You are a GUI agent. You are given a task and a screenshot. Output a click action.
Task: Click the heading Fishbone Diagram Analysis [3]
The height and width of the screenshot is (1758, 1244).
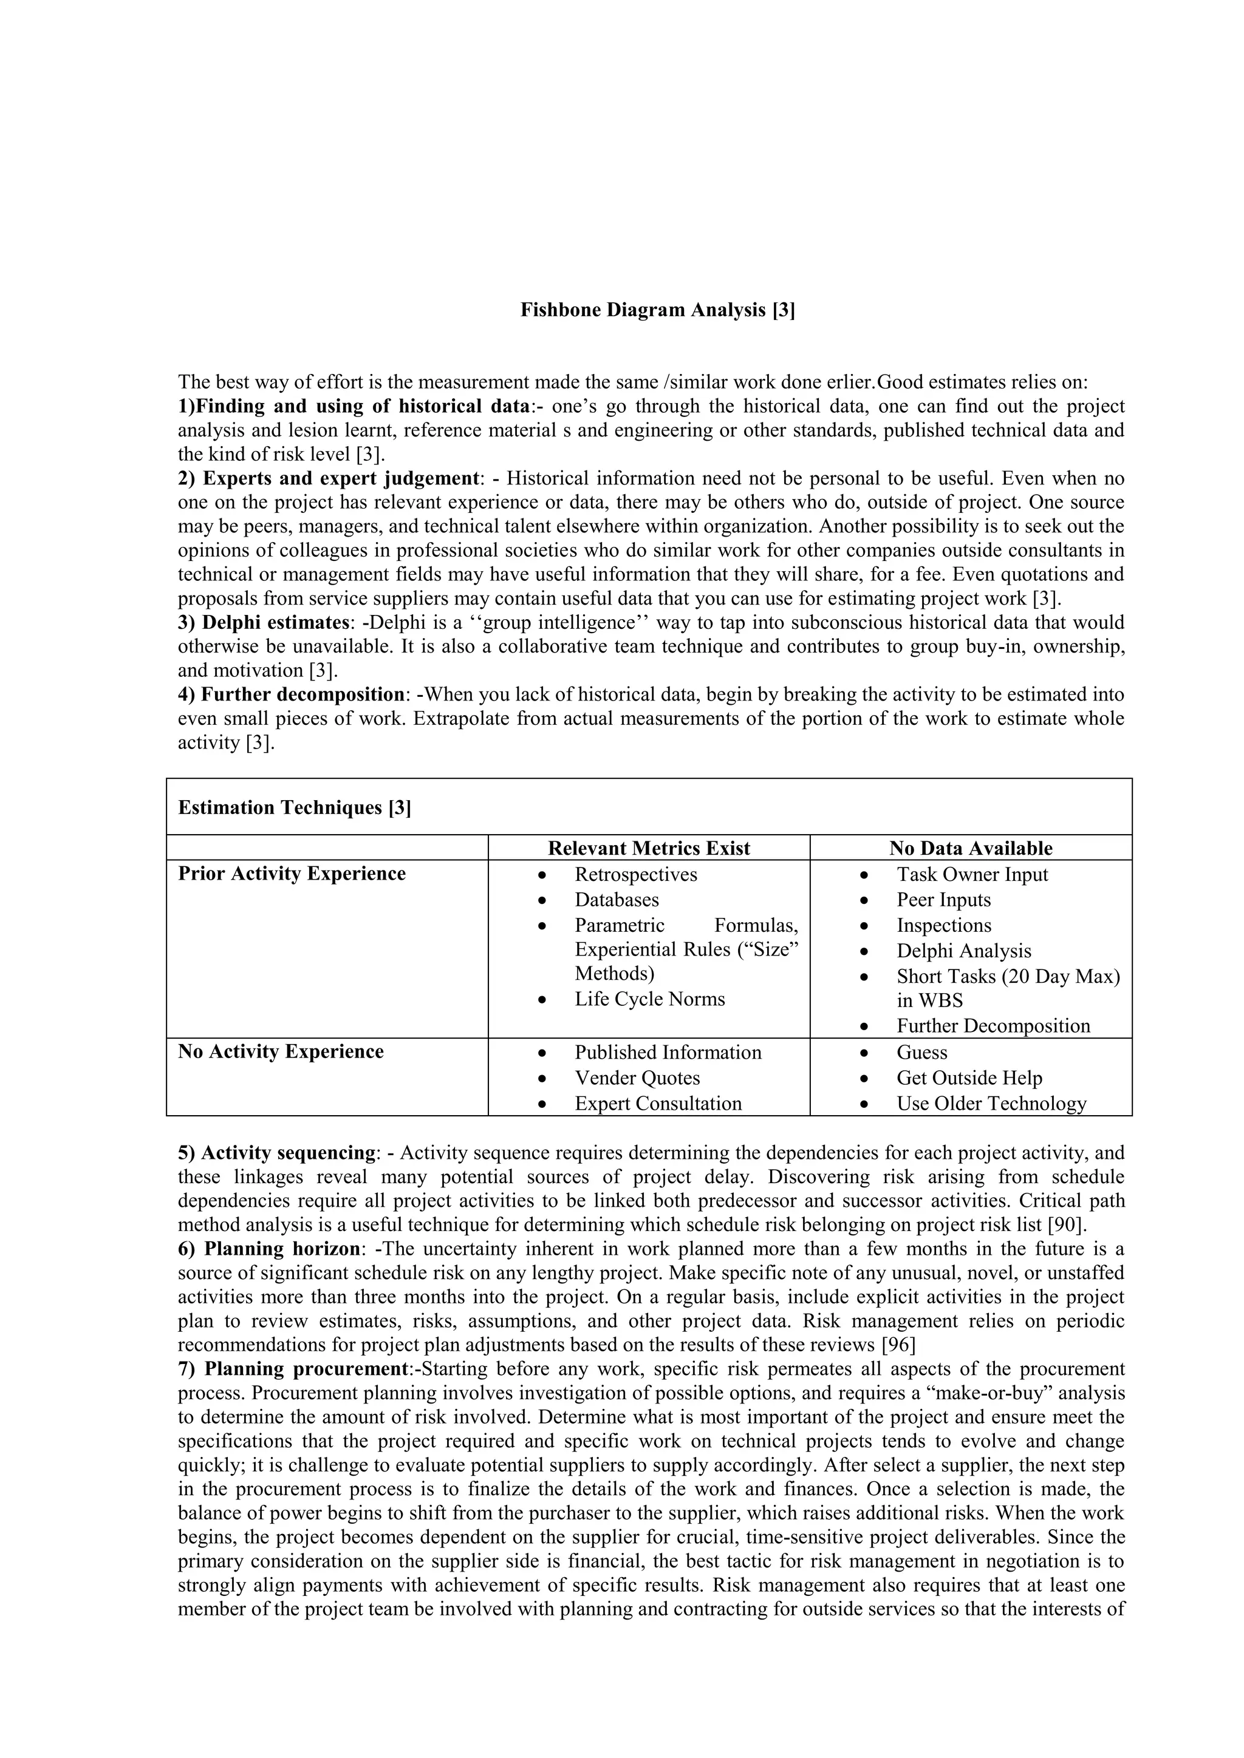657,310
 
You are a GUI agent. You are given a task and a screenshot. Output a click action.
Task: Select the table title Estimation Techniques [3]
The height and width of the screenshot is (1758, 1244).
294,808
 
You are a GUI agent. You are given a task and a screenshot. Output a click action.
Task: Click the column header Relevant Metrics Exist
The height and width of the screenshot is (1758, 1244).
648,849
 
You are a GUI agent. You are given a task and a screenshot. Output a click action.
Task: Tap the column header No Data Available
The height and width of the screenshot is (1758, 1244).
970,849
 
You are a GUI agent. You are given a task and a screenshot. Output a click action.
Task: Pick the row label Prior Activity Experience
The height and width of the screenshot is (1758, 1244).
291,874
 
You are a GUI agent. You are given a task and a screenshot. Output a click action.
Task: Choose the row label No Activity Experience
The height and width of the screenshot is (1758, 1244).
281,1051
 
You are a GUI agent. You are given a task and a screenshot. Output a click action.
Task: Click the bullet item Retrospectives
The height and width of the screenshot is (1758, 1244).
636,874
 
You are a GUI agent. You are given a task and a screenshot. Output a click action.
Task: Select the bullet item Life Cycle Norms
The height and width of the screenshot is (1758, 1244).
649,999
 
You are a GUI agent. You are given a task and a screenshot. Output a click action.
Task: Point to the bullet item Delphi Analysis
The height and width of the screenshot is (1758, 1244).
963,951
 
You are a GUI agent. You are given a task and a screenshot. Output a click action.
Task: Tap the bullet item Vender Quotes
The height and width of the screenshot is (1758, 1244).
637,1078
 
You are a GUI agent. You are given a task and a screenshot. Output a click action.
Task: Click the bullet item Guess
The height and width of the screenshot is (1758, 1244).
921,1052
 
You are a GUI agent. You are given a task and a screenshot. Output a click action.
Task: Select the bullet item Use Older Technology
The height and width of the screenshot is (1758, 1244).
991,1104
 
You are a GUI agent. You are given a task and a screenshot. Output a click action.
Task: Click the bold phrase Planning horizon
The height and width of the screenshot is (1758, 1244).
282,1249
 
